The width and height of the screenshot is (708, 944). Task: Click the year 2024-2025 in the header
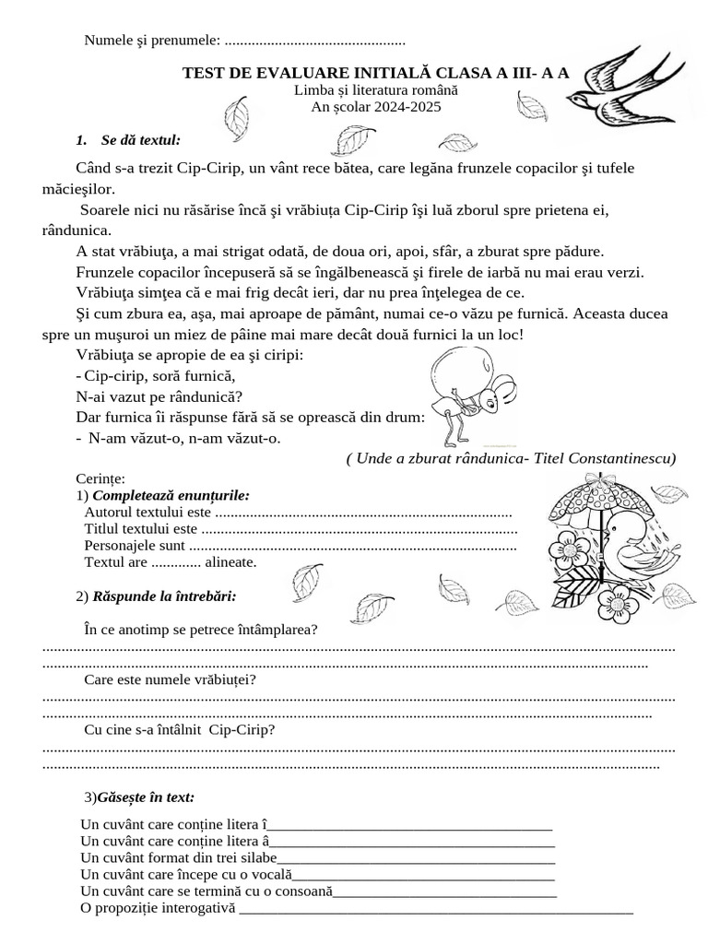pyautogui.click(x=376, y=107)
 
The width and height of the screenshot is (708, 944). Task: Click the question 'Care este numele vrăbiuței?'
pyautogui.click(x=170, y=680)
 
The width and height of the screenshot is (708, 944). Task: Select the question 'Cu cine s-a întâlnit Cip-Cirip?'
pyautogui.click(x=180, y=730)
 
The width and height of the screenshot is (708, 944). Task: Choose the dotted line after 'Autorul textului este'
pyautogui.click(x=363, y=513)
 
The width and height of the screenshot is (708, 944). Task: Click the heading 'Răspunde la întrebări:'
pyautogui.click(x=164, y=596)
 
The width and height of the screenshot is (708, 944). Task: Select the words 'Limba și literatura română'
pyautogui.click(x=376, y=91)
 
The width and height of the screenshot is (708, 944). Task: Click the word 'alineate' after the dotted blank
pyautogui.click(x=230, y=561)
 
